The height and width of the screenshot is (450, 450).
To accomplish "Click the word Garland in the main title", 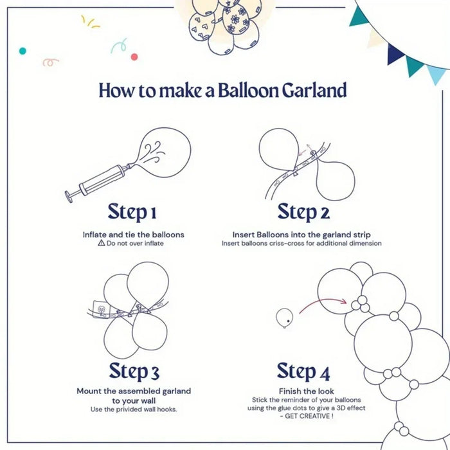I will (314, 91).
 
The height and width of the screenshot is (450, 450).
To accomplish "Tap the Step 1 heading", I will (132, 212).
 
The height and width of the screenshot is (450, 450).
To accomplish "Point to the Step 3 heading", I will (134, 371).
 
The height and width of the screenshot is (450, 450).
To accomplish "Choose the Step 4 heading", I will (303, 371).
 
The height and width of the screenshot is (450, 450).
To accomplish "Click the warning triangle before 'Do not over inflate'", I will (101, 244).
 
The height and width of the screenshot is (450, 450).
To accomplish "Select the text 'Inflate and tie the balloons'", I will (133, 235).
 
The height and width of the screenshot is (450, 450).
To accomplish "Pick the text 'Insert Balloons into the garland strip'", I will (302, 235).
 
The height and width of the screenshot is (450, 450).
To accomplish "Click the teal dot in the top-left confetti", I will (22, 50).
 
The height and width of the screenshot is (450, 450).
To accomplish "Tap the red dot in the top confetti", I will (134, 57).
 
